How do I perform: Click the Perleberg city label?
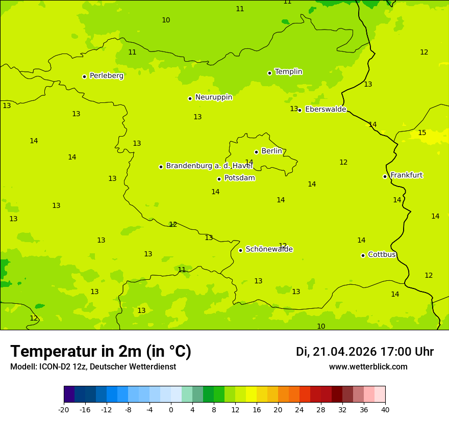[x=106, y=76]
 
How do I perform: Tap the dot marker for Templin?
[x=269, y=73]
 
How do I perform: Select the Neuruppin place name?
[x=213, y=97]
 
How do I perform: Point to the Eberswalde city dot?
[x=300, y=110]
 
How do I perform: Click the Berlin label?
[x=271, y=151]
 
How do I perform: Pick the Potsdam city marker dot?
[x=219, y=179]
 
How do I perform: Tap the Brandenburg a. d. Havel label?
[x=209, y=166]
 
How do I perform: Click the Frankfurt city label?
[x=406, y=175]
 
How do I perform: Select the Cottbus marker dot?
[x=363, y=255]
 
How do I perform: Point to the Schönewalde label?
[x=269, y=249]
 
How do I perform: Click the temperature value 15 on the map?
[x=422, y=133]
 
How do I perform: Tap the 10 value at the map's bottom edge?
[x=321, y=326]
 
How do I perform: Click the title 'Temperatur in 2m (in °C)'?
[x=101, y=352]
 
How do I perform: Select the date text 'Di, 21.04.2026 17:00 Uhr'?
[x=364, y=352]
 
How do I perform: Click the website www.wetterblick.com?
[x=368, y=367]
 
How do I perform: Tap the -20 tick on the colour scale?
[x=64, y=409]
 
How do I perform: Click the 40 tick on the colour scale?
[x=385, y=409]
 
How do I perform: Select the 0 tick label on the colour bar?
[x=171, y=409]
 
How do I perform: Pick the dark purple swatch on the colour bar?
[x=69, y=394]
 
